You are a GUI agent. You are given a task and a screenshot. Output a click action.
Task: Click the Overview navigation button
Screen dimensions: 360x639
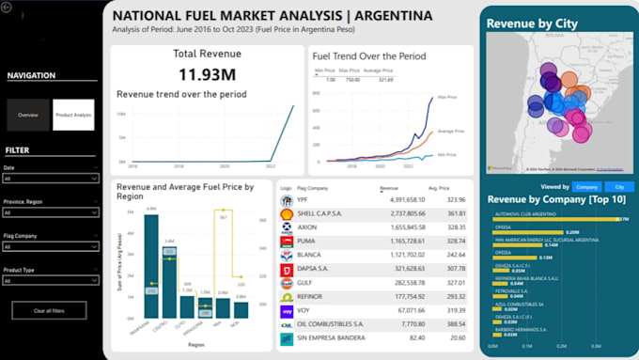point(28,115)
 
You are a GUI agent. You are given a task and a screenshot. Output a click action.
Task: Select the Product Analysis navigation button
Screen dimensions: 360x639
point(73,115)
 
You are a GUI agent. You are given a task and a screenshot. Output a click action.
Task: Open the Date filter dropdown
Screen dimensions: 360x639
point(51,178)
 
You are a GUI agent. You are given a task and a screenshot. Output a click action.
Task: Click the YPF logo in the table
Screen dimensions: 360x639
point(287,199)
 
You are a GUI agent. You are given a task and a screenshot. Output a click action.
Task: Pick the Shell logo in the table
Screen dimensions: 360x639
point(287,213)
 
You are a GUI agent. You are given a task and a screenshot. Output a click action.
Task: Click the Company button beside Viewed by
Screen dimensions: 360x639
point(586,187)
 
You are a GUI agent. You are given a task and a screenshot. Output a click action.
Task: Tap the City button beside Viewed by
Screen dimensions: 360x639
point(618,187)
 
